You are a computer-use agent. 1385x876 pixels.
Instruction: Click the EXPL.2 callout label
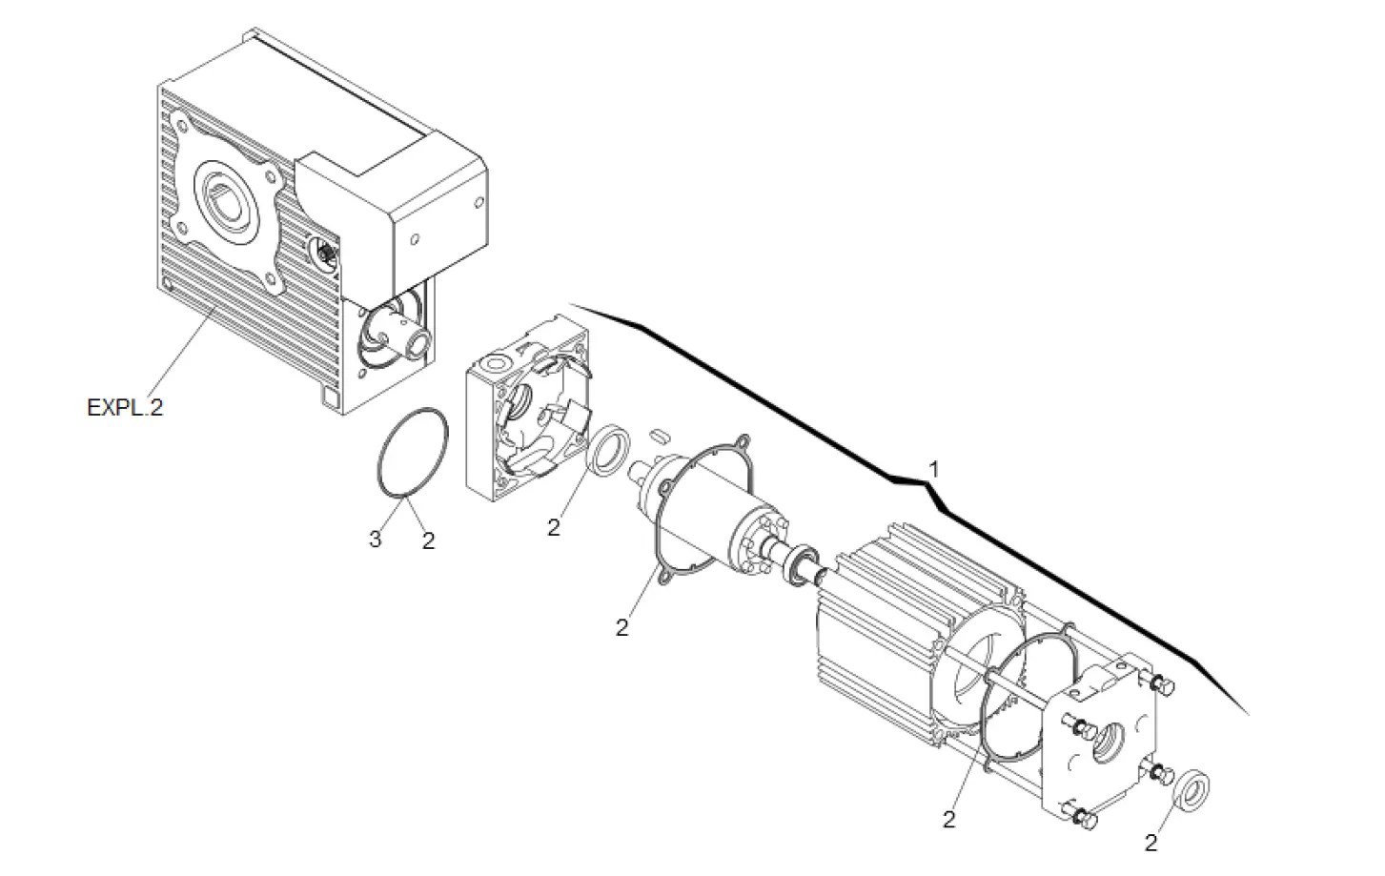click(125, 408)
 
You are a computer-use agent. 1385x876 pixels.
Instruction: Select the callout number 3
click(375, 540)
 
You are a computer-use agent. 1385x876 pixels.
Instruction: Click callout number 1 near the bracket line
click(934, 469)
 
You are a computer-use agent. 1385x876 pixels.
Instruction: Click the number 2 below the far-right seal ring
click(1151, 843)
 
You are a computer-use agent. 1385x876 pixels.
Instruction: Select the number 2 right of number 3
click(428, 540)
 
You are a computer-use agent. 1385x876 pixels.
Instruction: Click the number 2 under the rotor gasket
click(621, 628)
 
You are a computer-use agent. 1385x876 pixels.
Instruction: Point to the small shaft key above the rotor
click(656, 437)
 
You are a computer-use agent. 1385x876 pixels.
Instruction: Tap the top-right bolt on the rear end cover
click(1162, 685)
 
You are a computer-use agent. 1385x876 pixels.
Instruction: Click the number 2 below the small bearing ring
click(554, 527)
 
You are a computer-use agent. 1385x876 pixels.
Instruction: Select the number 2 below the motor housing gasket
click(948, 819)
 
